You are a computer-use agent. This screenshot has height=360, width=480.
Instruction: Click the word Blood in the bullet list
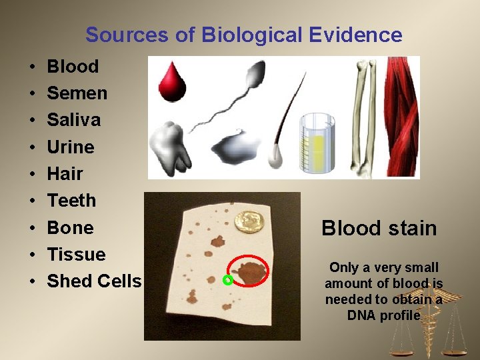tap(73, 67)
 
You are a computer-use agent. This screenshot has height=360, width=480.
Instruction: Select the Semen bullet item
tap(77, 93)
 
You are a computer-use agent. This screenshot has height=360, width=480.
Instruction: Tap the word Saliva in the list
tap(74, 120)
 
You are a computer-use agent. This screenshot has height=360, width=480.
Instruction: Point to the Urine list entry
tap(71, 147)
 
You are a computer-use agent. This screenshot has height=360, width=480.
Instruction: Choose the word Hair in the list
tap(65, 174)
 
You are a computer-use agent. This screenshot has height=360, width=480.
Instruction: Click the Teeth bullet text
tap(71, 201)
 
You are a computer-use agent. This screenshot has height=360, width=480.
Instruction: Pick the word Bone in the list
tap(70, 227)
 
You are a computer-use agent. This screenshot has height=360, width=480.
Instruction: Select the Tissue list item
tap(76, 254)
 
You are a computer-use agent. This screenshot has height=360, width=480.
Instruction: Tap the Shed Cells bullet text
tap(94, 281)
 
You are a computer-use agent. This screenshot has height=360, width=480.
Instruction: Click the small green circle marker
tap(227, 280)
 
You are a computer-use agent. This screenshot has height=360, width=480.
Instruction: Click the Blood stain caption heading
tap(379, 229)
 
